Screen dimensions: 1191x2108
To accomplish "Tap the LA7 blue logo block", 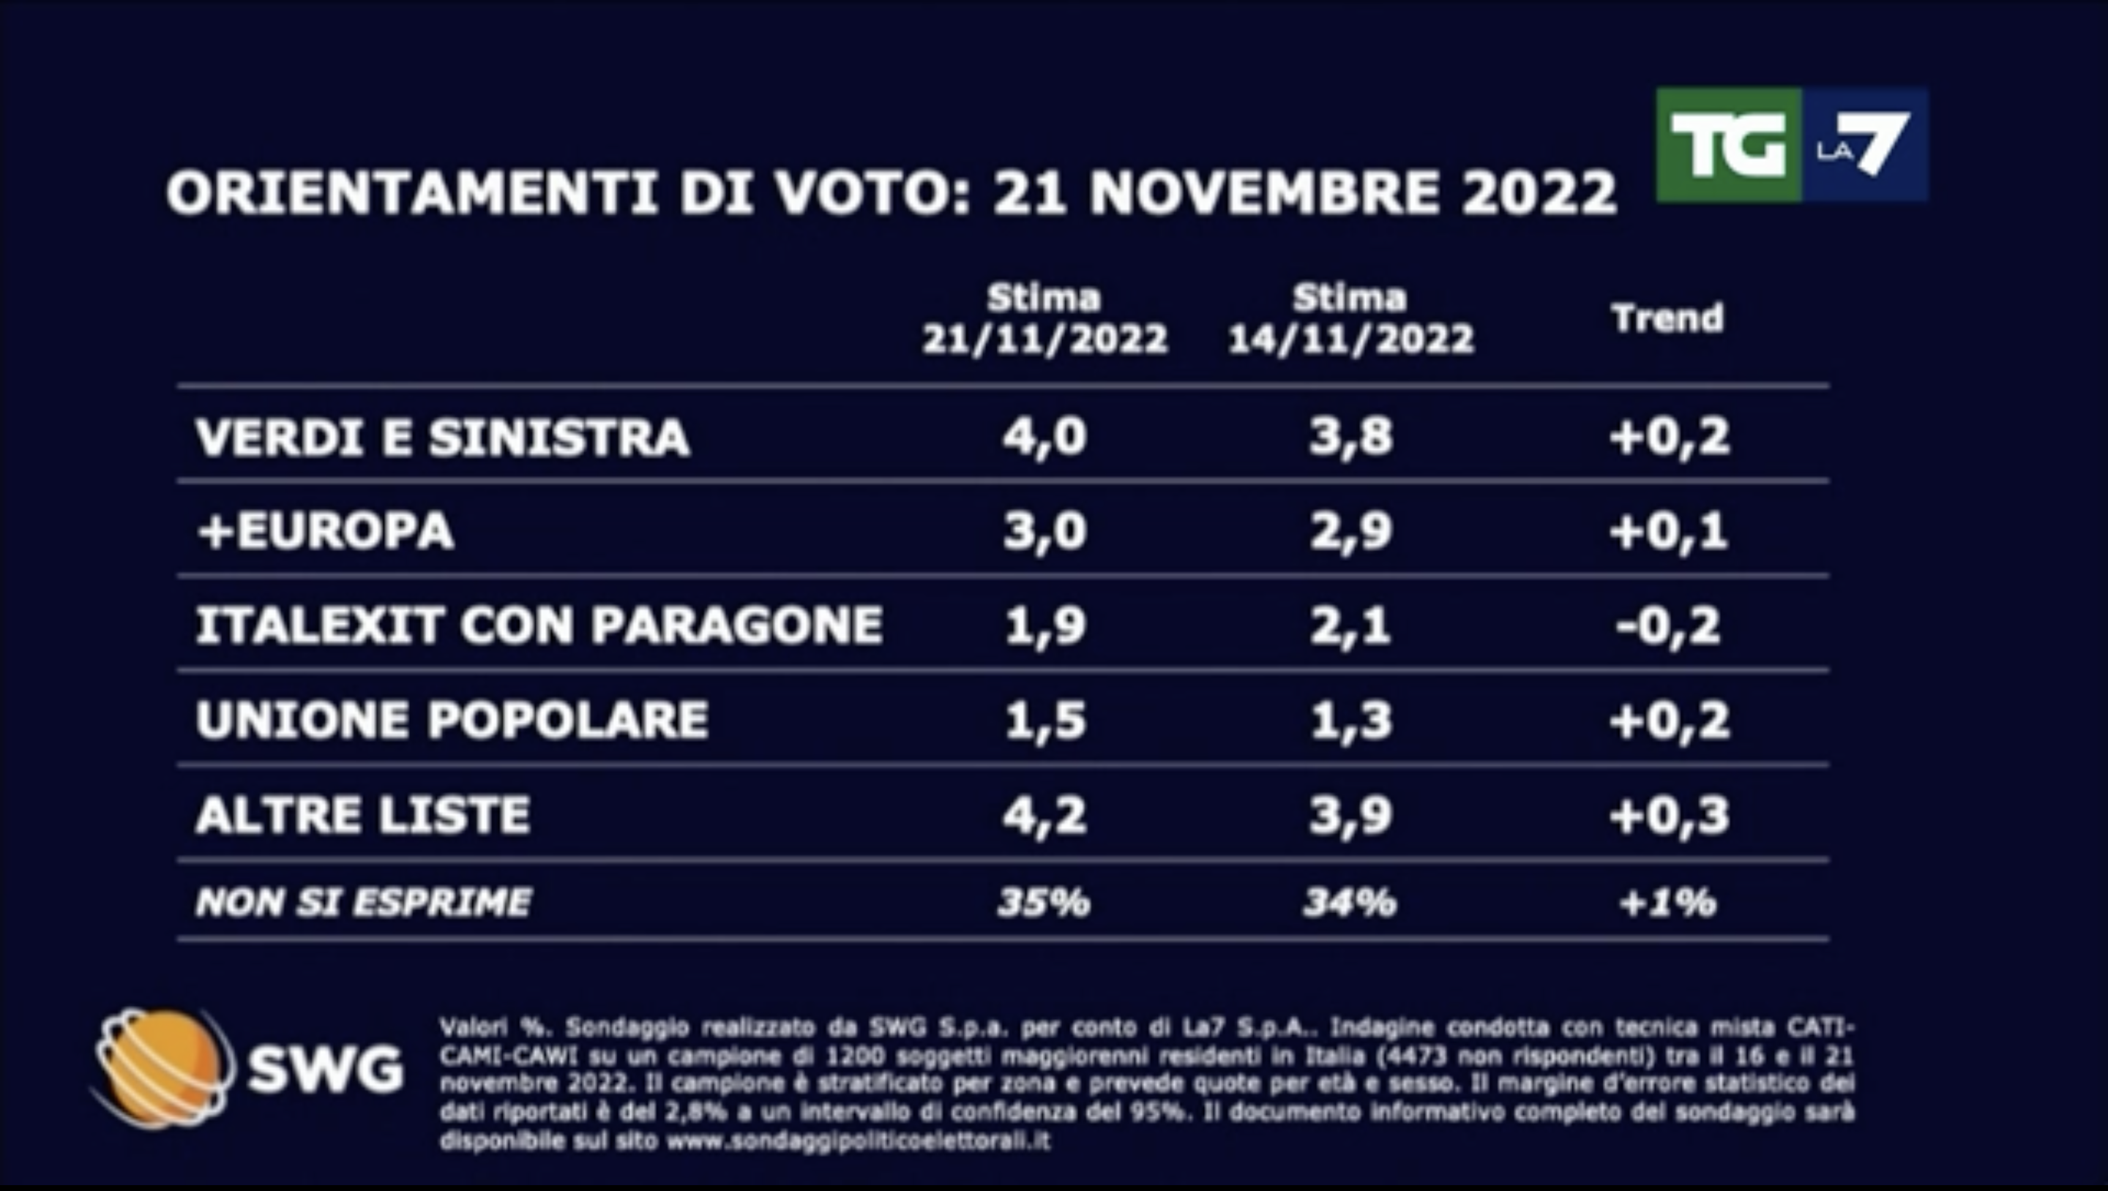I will coord(1864,146).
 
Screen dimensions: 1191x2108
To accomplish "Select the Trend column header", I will coord(1668,318).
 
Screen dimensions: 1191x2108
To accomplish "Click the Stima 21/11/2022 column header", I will coord(1044,319).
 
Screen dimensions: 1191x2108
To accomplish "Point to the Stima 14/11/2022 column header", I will coord(1350,319).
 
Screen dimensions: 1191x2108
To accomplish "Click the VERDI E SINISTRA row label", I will coord(442,437).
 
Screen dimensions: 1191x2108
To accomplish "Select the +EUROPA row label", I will coord(325,531).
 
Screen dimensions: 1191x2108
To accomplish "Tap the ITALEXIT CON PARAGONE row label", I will coord(539,625).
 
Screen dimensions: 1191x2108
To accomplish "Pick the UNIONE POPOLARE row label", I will coord(452,720).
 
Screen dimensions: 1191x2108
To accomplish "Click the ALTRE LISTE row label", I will coord(362,815).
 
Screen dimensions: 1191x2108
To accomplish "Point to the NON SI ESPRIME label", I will coord(363,902).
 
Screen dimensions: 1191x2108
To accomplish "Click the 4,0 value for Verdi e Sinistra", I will coord(1045,437).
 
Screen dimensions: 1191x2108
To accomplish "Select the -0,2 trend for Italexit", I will coord(1668,625).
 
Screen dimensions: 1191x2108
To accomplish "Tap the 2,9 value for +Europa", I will coord(1350,531).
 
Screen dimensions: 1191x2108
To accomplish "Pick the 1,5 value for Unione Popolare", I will coord(1045,720).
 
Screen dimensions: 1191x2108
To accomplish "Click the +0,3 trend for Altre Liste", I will coord(1669,815).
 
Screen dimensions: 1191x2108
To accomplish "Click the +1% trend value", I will coord(1668,902).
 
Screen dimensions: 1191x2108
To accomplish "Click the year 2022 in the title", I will coord(1539,193).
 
